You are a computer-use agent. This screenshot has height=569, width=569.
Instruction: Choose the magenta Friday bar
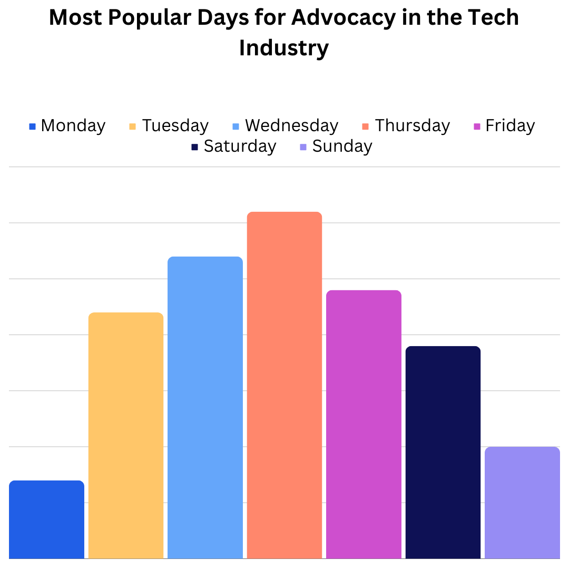tap(364, 424)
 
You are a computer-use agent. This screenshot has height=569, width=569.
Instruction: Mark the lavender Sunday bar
tap(522, 503)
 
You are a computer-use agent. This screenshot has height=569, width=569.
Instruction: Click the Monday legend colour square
tap(32, 126)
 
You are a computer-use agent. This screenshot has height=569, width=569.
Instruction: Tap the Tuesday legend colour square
tap(132, 126)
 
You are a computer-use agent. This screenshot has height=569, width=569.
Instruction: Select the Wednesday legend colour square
tap(236, 126)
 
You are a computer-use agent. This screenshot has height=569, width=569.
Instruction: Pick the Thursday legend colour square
tap(366, 126)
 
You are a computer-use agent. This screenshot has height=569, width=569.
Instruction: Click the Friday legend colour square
tap(477, 126)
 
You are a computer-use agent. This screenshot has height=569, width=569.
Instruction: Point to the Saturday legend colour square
tap(194, 147)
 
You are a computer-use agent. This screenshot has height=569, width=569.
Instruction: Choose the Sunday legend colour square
tap(303, 147)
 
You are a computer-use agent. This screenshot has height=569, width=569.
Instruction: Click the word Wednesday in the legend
tap(291, 126)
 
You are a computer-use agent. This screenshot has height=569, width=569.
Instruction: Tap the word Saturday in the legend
tap(240, 146)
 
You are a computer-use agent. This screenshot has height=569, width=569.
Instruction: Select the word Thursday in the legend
tap(413, 126)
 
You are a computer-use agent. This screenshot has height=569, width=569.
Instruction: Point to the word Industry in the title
tap(284, 48)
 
